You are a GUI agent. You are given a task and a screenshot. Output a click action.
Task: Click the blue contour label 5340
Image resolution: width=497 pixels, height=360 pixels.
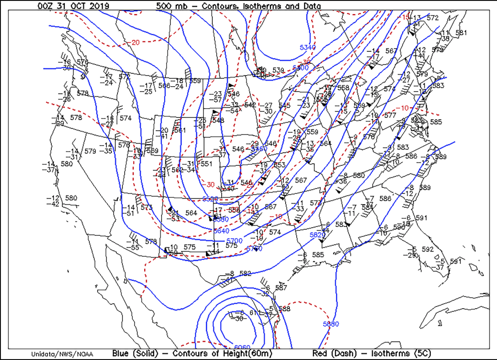tap(307, 48)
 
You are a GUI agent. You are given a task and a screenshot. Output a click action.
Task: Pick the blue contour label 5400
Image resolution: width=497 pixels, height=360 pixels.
tap(300, 68)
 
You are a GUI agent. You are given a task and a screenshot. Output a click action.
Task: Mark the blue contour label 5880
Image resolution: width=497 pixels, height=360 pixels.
tap(331, 324)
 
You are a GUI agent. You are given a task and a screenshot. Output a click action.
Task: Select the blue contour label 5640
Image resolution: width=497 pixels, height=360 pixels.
tap(221, 230)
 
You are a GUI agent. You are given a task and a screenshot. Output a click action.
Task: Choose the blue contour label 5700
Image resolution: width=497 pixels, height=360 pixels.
tap(234, 240)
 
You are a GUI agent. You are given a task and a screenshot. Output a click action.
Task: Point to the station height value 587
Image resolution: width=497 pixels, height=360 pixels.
tap(281, 287)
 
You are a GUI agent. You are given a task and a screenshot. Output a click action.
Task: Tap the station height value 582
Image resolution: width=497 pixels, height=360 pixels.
tap(245, 273)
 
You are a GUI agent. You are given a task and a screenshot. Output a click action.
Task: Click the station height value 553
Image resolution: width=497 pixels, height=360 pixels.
tap(280, 165)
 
